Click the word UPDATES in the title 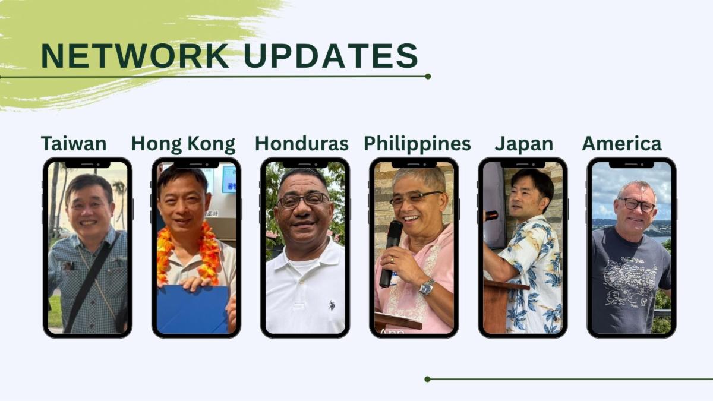tap(331, 56)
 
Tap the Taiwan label tap(74, 144)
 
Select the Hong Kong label tap(184, 144)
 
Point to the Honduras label tap(302, 144)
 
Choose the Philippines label tap(417, 144)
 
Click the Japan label tap(524, 144)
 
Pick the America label tap(621, 144)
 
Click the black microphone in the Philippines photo tap(392, 254)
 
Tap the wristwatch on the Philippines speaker tap(427, 288)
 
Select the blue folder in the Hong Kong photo tap(193, 310)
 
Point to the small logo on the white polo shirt tap(332, 305)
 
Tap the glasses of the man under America tap(637, 204)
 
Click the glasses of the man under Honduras tap(302, 200)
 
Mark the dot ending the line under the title tap(428, 77)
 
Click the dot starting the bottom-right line tap(427, 379)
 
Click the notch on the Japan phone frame tap(523, 164)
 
